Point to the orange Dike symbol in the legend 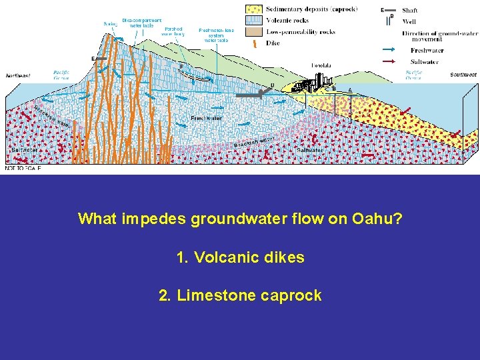click(x=255, y=43)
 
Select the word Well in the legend click(x=407, y=21)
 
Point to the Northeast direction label click(x=18, y=75)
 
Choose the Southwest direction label click(x=463, y=75)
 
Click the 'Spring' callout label click(x=110, y=24)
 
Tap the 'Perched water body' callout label click(x=173, y=31)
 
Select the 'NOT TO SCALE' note click(x=23, y=169)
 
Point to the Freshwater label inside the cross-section click(x=205, y=118)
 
